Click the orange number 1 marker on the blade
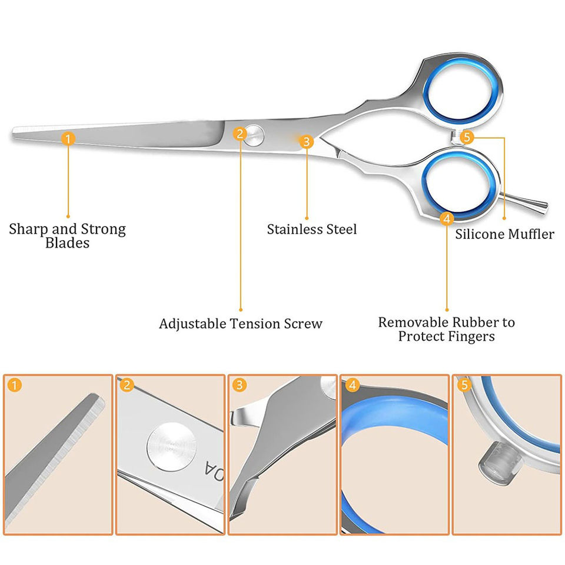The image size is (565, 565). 68,139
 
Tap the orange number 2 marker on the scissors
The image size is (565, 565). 239,133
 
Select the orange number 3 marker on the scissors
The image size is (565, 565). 306,141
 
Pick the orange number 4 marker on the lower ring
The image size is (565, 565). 447,219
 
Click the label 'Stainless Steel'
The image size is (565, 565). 312,229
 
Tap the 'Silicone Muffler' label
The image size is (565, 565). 504,234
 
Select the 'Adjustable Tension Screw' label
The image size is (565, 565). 241,324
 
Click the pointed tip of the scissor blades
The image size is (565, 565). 14,132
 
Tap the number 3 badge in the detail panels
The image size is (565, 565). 239,386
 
